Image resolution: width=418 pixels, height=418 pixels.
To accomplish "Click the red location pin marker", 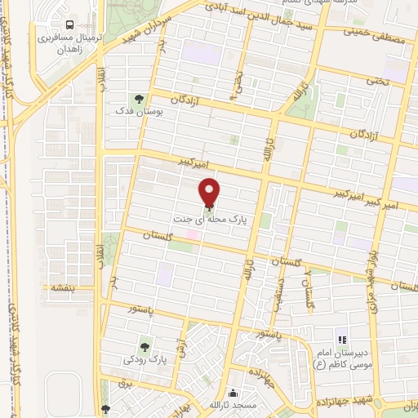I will [x=209, y=192].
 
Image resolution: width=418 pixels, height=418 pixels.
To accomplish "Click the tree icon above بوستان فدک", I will [x=137, y=98].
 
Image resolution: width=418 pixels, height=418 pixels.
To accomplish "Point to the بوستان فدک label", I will [x=136, y=110].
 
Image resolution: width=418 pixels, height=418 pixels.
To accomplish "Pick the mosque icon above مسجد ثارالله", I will [x=234, y=393].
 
